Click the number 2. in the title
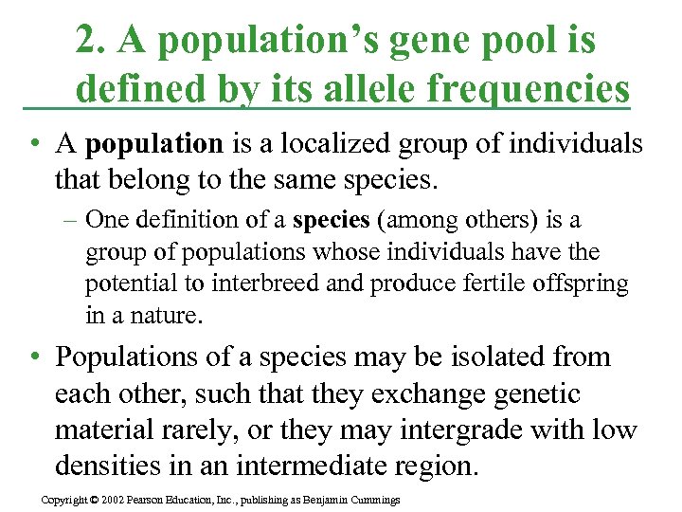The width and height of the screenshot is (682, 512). [x=91, y=40]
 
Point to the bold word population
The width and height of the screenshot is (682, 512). [x=153, y=143]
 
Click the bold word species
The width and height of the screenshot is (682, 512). [x=331, y=220]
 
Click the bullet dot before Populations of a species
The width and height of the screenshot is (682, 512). [x=34, y=358]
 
